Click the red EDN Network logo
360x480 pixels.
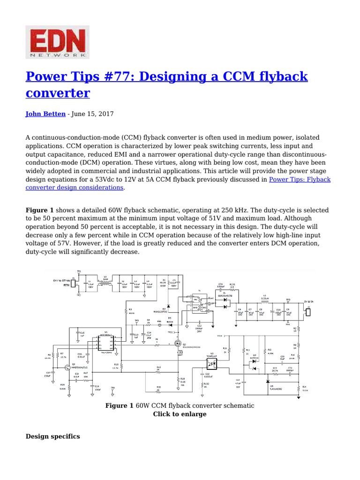tap(57, 42)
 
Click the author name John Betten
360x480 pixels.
tap(45, 114)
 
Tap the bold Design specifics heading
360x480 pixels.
tap(52, 436)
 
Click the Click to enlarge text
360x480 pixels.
tap(180, 414)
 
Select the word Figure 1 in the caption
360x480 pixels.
tap(119, 405)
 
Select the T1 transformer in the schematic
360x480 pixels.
tap(197, 305)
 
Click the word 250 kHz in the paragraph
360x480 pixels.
tap(216, 210)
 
